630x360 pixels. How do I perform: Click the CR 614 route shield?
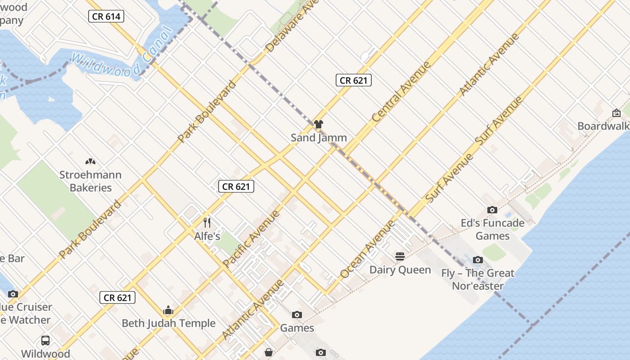coord(106,17)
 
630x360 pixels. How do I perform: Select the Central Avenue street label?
coord(401,92)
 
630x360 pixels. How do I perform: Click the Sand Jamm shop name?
coord(319,138)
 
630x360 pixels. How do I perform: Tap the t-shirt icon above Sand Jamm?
coord(319,124)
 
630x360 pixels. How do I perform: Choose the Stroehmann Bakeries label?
coord(90,181)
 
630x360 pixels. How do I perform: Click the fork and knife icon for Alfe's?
coord(207,222)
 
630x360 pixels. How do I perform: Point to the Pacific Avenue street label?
coord(252,238)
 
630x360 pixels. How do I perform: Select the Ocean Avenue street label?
coord(368,249)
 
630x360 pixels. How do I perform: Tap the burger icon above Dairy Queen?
coord(400,256)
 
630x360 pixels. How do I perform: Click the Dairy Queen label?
coord(400,270)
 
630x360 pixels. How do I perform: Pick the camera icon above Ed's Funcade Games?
coord(492,210)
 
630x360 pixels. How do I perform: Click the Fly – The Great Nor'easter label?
coord(477,279)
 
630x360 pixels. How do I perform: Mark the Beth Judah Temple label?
coord(169,323)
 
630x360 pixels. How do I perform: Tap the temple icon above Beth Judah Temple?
coord(168,310)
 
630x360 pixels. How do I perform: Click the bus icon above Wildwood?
coord(45,340)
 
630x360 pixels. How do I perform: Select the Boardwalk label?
coord(603,126)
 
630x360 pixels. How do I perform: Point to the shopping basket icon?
coord(269,352)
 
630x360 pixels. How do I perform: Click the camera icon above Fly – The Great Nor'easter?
coord(478,260)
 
